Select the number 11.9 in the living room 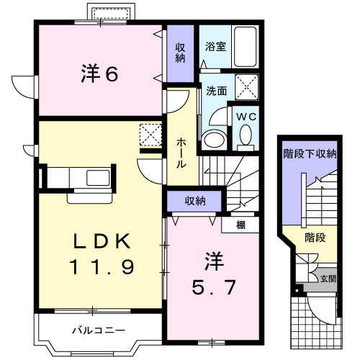[x=102, y=269]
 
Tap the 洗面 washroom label [x=216, y=92]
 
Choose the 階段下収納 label [x=310, y=153]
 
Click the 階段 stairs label [x=315, y=237]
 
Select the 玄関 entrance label [x=327, y=279]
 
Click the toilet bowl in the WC [x=245, y=135]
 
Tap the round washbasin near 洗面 [x=213, y=138]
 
